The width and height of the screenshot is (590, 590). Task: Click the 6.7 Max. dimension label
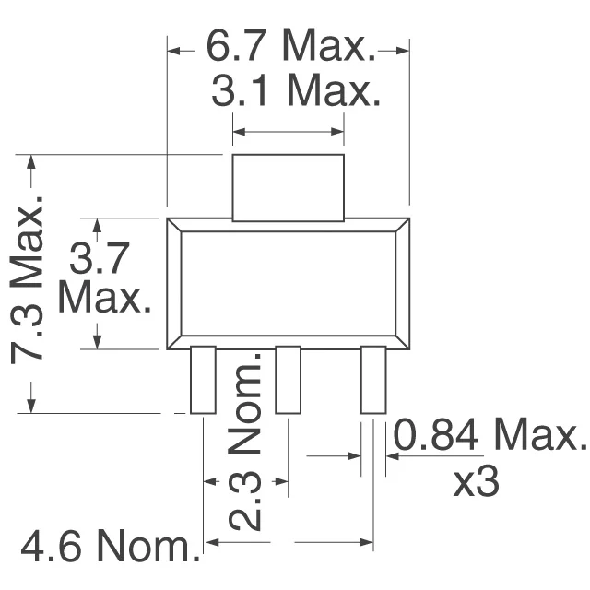(288, 45)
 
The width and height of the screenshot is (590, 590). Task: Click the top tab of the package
(288, 187)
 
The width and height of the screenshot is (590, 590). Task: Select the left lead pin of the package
(203, 380)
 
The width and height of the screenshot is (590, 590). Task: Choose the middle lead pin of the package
(288, 380)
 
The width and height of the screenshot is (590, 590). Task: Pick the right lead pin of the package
(372, 380)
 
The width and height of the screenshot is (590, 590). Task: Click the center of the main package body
(288, 284)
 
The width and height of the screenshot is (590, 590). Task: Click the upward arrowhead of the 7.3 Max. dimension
(32, 162)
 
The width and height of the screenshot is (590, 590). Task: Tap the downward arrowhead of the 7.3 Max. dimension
(32, 406)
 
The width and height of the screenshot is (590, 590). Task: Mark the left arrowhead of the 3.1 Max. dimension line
(239, 134)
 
